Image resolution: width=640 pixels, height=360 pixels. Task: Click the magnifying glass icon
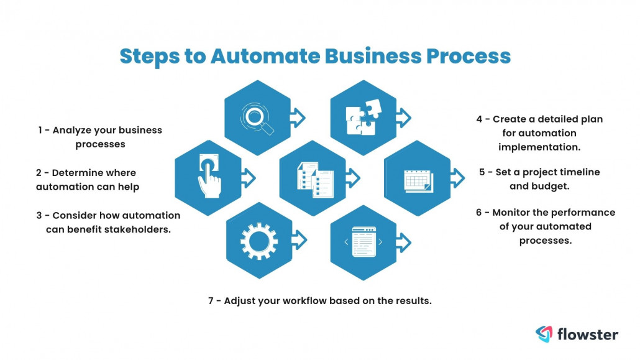(x=257, y=118)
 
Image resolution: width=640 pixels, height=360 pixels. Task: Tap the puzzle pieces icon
(x=361, y=118)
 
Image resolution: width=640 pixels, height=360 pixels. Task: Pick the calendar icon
(x=418, y=178)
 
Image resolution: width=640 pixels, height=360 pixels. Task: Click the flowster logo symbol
(x=544, y=334)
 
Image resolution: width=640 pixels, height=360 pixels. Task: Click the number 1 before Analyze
(x=39, y=131)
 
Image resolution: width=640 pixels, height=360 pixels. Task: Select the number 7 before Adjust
(x=211, y=300)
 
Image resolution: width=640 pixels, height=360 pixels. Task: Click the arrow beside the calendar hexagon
(x=457, y=178)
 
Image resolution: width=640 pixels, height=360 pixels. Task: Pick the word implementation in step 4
(x=539, y=147)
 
